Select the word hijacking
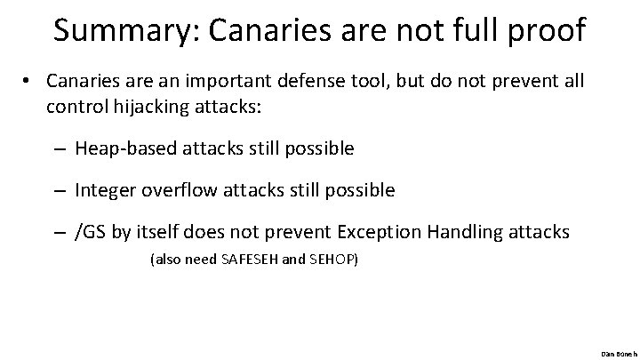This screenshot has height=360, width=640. pyautogui.click(x=134, y=107)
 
